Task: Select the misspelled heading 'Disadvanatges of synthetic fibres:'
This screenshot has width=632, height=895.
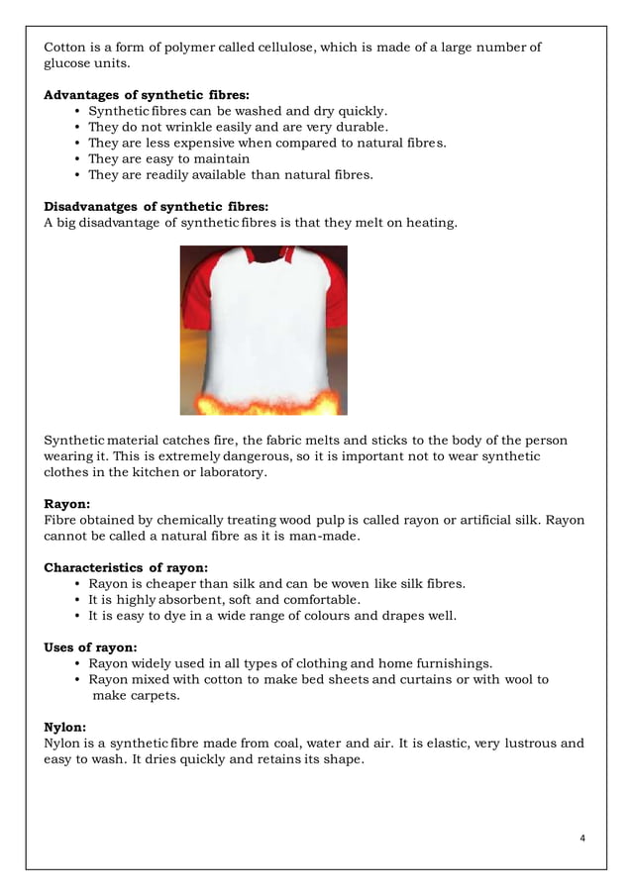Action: pyautogui.click(x=143, y=206)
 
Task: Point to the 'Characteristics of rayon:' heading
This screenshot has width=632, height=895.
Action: pyautogui.click(x=126, y=567)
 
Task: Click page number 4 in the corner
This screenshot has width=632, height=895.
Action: pyautogui.click(x=581, y=839)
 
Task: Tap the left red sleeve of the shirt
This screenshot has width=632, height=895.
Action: pyautogui.click(x=196, y=297)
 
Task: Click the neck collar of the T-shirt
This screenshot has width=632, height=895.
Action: pyautogui.click(x=263, y=255)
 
